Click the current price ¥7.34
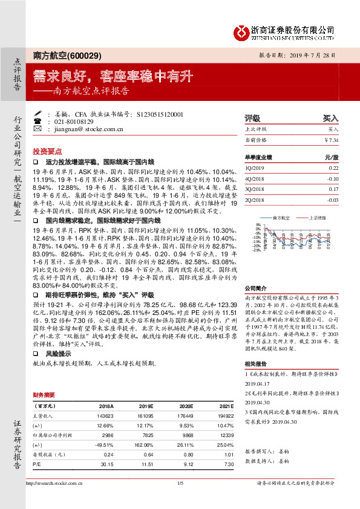click(331, 140)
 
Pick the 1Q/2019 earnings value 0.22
click(333, 168)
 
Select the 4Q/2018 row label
click(255, 179)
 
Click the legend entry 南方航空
click(283, 216)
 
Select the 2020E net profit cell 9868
click(190, 435)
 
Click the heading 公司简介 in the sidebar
click(256, 288)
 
